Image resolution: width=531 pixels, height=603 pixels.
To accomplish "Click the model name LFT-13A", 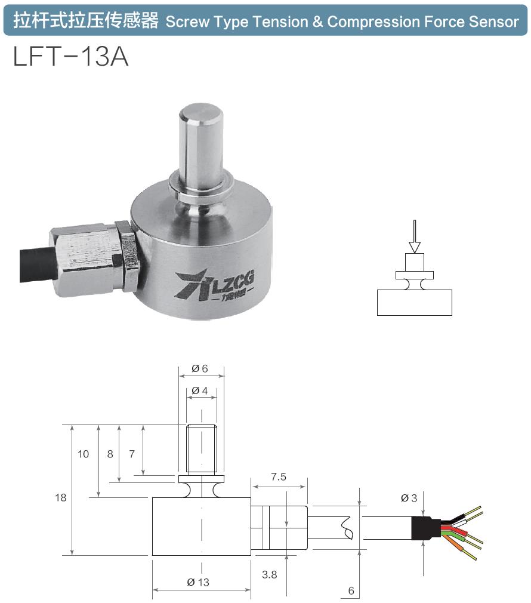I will point(70,57).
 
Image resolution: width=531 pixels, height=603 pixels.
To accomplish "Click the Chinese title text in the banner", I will point(86,22).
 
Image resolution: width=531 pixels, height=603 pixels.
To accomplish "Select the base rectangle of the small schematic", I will point(415,302).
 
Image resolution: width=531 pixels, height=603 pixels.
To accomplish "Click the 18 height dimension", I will point(61,497).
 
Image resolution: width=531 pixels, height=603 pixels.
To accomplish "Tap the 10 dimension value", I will point(83,454).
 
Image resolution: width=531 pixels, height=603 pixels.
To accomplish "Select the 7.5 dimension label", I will point(279,476).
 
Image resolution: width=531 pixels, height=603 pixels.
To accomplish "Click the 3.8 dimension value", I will point(270,574).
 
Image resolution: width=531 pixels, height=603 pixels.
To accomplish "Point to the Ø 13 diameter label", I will point(198,582).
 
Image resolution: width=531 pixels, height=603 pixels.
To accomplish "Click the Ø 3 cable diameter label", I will point(409,498).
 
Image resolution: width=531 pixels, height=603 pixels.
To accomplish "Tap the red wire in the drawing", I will point(459,530).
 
